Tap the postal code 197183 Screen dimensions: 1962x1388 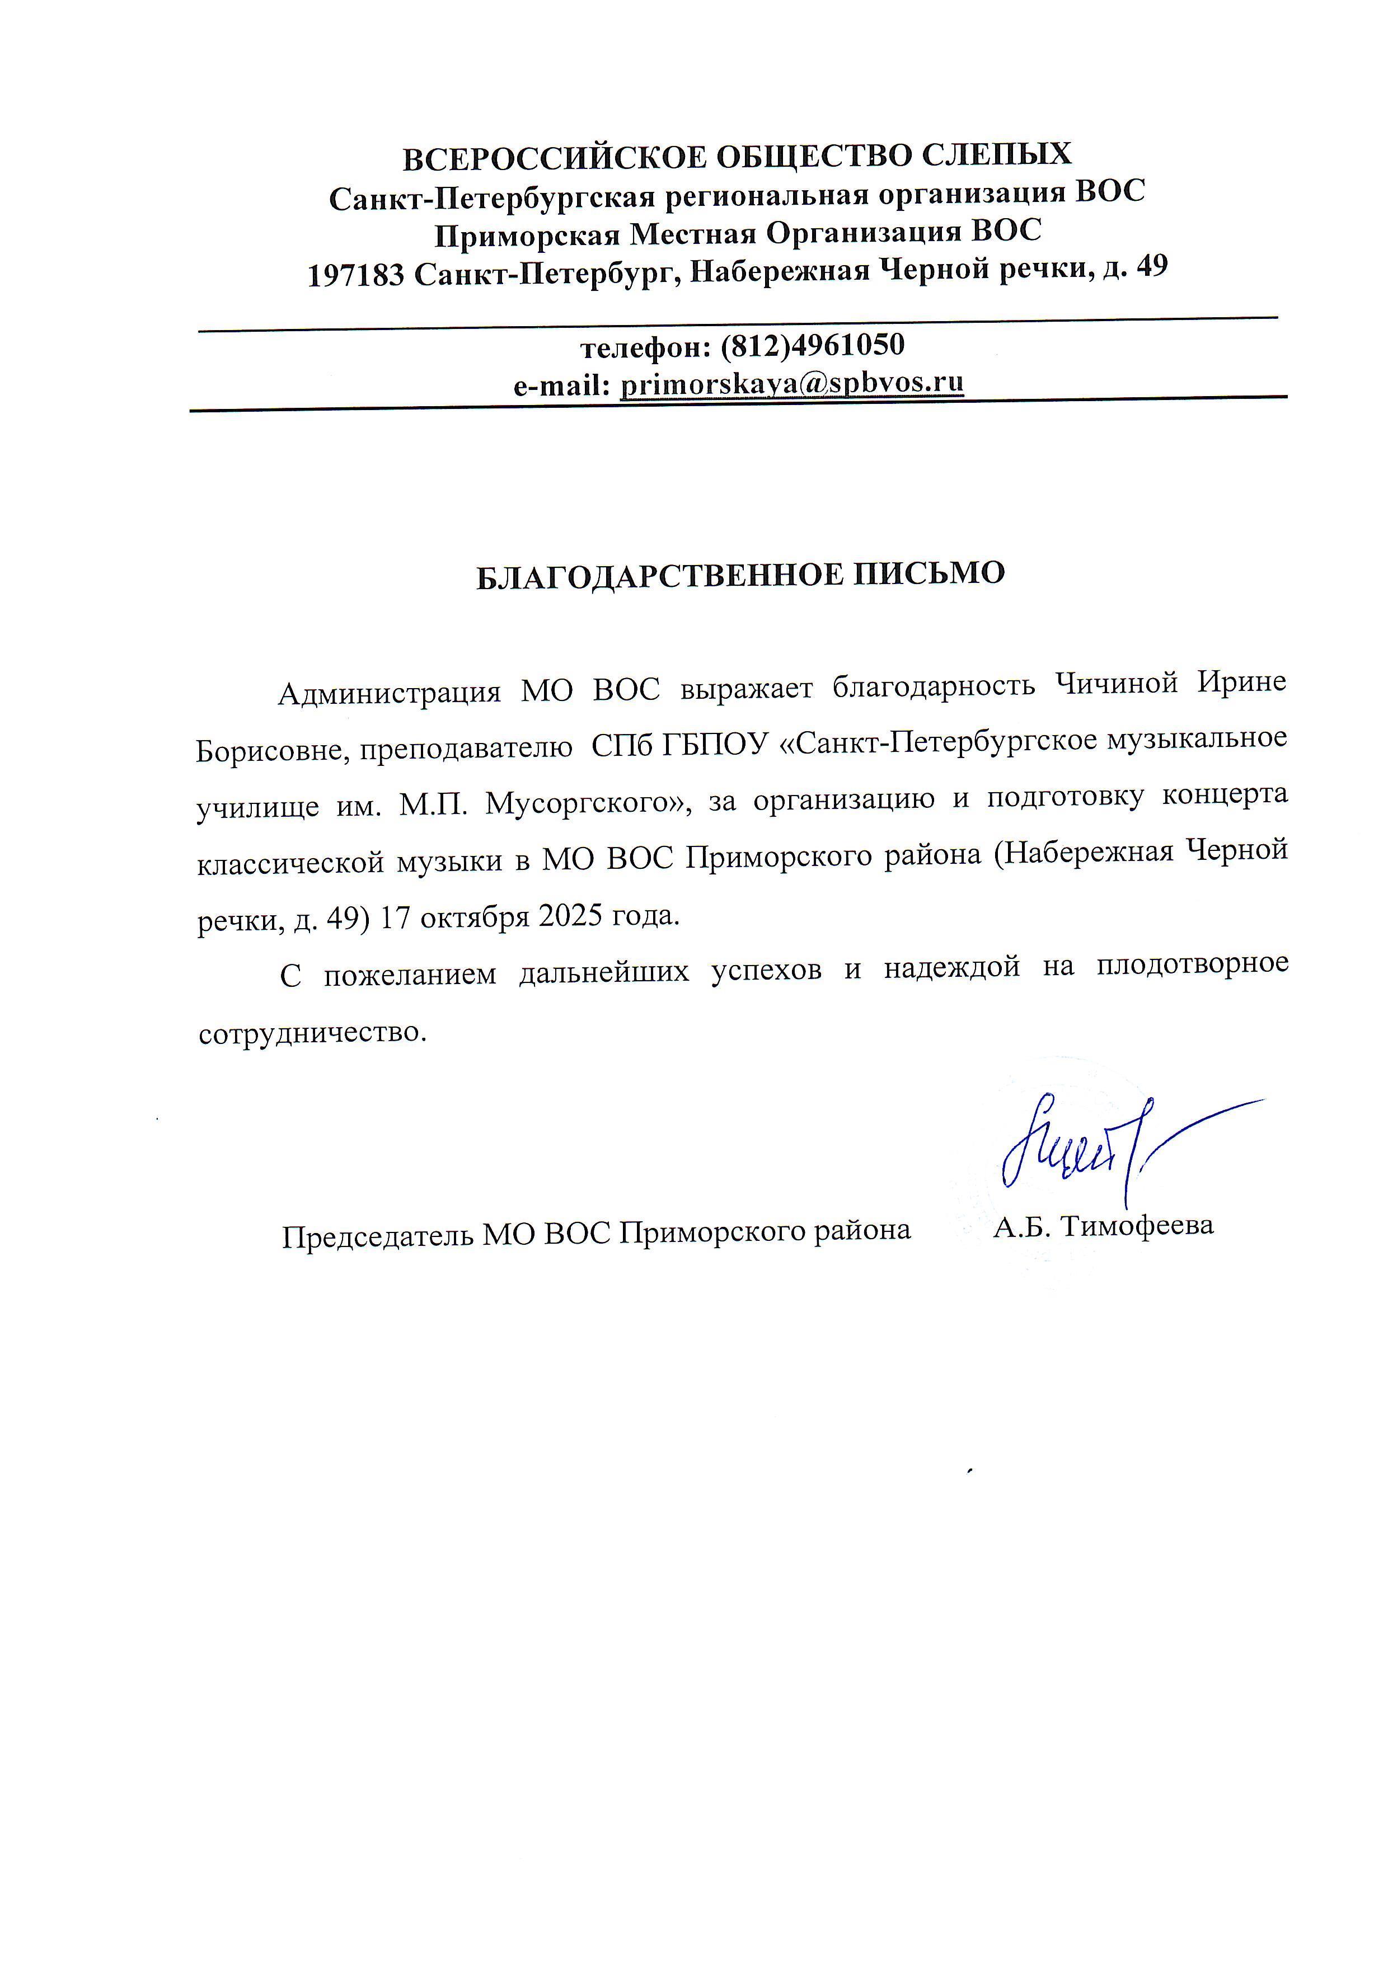[355, 275]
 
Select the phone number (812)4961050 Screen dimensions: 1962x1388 [812, 345]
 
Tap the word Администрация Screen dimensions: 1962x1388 [389, 691]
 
